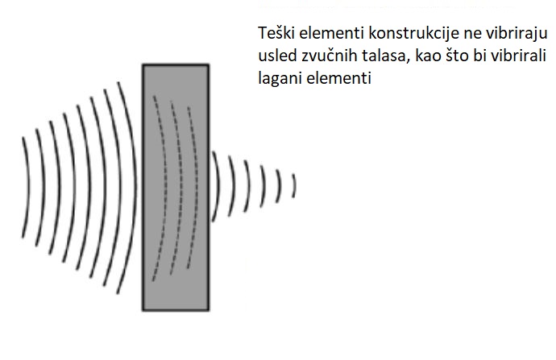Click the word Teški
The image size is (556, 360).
(x=276, y=33)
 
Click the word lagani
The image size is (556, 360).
(x=280, y=79)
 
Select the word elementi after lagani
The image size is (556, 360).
(x=338, y=78)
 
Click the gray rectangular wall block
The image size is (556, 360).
(x=176, y=188)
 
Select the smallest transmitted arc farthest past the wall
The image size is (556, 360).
(x=294, y=186)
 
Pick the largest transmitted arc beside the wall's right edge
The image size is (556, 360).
(x=217, y=187)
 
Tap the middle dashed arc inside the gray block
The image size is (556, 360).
(x=180, y=188)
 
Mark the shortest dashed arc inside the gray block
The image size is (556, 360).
(x=195, y=188)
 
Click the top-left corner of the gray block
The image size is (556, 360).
(x=143, y=64)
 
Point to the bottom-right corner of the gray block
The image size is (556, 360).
(x=209, y=311)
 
